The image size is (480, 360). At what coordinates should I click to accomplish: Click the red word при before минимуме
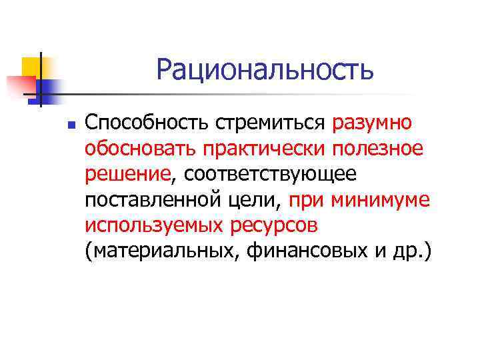point(307,199)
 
